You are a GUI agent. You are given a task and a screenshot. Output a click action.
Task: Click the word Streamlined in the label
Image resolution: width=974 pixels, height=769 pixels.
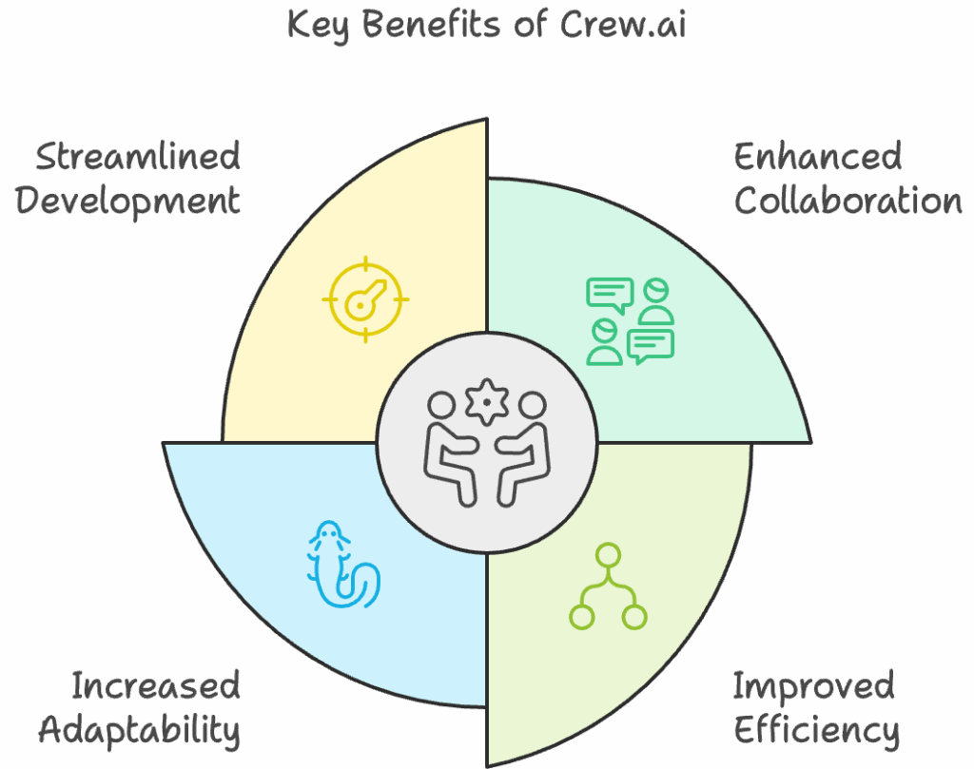click(x=138, y=157)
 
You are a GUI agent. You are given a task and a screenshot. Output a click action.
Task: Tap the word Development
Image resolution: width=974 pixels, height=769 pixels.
click(x=127, y=202)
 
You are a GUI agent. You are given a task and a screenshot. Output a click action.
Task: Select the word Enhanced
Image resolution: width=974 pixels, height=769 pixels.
click(x=818, y=157)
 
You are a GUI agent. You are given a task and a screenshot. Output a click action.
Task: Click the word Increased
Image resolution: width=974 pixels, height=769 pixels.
click(x=156, y=685)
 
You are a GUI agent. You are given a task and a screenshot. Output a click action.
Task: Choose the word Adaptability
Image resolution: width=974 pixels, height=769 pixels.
click(x=139, y=730)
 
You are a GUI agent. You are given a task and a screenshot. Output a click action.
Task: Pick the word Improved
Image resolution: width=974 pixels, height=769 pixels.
click(x=814, y=685)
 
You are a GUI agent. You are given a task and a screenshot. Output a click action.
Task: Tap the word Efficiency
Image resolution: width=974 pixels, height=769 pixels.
click(x=816, y=730)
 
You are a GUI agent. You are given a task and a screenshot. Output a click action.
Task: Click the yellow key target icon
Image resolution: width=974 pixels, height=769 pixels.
click(x=365, y=299)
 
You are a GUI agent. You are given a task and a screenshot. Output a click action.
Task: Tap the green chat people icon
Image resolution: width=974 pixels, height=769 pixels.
click(x=630, y=321)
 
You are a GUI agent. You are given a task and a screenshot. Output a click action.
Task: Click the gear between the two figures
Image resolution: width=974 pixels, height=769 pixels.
click(x=487, y=402)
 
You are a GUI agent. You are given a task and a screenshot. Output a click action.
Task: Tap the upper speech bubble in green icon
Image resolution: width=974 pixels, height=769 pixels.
click(x=610, y=294)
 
